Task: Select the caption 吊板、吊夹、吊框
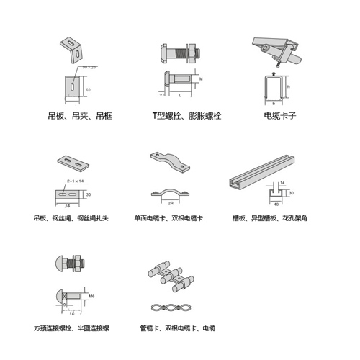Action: (80, 115)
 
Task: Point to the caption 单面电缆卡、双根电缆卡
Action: (170, 217)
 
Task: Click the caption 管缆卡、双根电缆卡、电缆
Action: (177, 328)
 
